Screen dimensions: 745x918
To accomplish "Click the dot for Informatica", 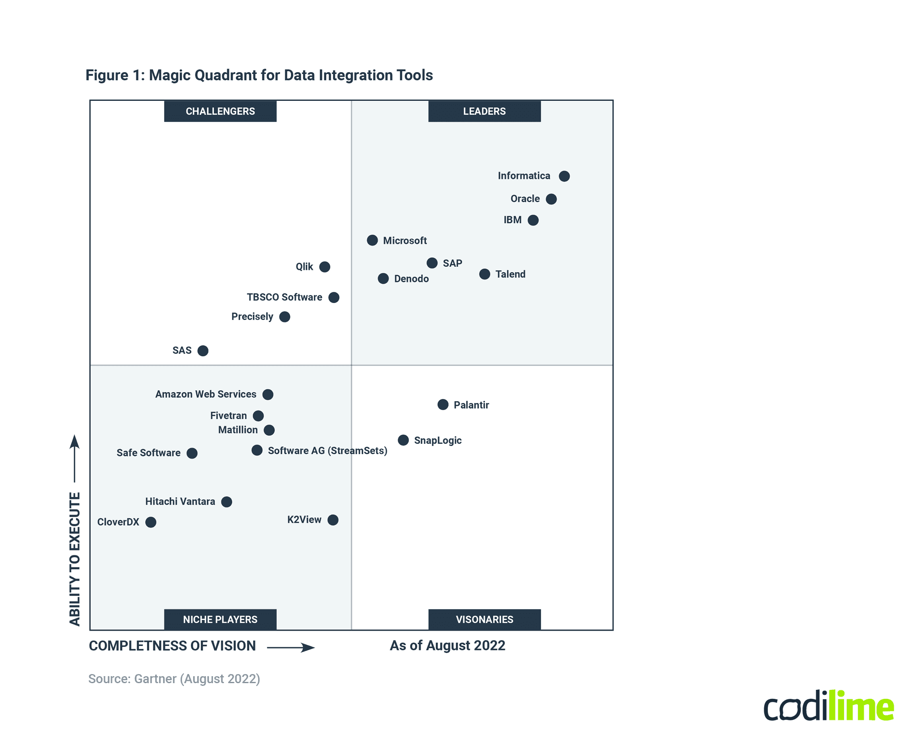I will [564, 176].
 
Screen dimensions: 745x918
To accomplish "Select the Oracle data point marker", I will [551, 199].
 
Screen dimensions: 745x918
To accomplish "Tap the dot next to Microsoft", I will [372, 240].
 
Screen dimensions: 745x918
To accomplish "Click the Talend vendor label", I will [510, 274].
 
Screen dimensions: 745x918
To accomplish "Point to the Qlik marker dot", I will [325, 267].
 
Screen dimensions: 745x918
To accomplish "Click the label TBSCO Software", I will [284, 297].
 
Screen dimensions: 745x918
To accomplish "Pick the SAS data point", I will [203, 351].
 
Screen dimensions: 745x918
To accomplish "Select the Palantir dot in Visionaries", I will [442, 405].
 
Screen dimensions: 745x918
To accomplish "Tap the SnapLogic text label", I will [437, 441].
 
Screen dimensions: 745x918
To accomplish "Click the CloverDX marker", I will [151, 522].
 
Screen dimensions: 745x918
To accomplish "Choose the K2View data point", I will [333, 520].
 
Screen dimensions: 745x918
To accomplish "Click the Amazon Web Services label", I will [206, 394].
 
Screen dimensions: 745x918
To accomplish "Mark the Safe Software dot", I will [192, 453].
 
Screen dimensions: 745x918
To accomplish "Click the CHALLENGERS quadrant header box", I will [220, 111].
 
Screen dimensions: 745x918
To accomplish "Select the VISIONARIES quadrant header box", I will [484, 619].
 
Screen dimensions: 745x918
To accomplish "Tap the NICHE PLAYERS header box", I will [220, 619].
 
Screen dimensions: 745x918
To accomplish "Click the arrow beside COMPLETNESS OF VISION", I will [291, 647].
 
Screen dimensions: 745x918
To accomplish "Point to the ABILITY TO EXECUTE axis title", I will [75, 558].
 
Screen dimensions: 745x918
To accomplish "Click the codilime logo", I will [828, 706].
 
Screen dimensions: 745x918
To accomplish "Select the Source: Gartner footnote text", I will [174, 679].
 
